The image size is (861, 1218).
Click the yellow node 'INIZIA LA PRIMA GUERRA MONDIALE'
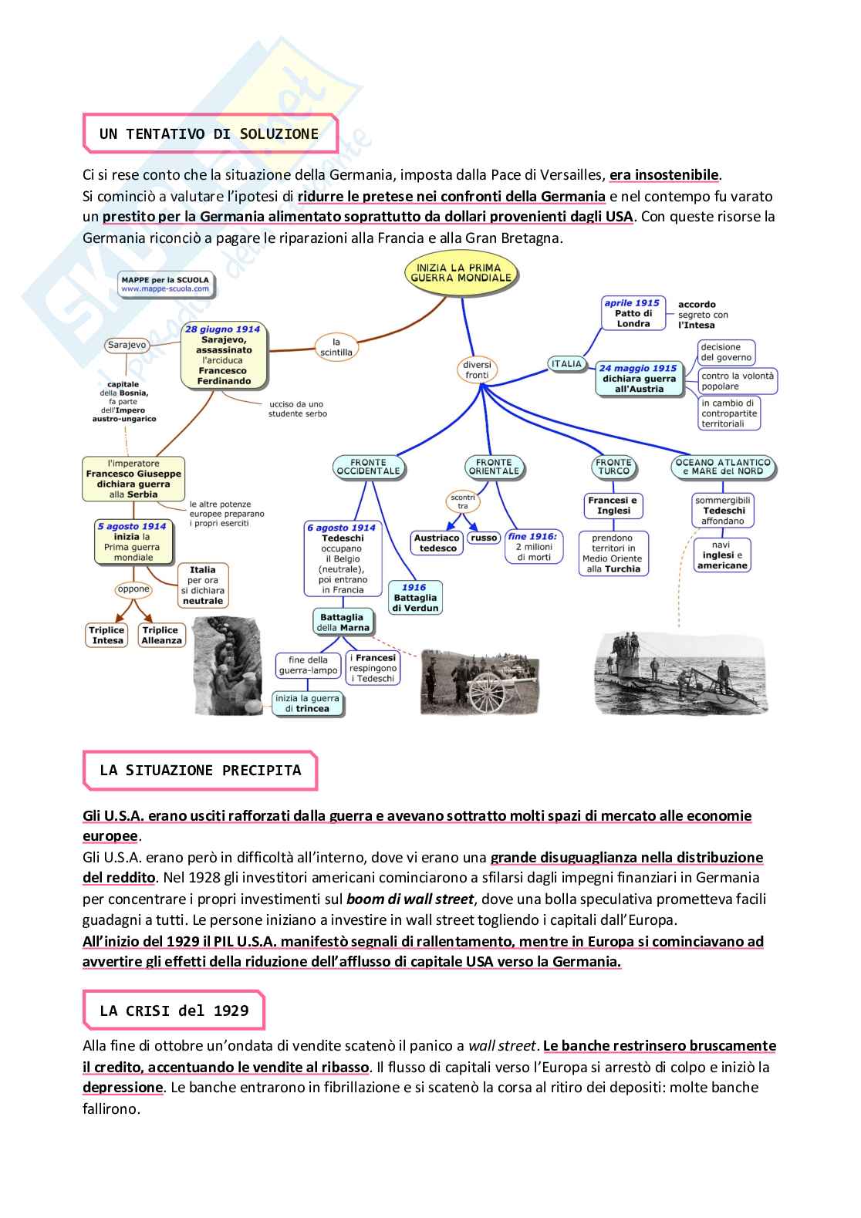461,274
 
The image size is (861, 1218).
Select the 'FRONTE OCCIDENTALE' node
369,467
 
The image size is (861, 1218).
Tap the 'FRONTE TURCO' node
613,467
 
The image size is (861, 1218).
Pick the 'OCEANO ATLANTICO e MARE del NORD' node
723,467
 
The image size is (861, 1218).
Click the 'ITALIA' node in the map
566,364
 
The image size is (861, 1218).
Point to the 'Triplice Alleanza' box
161,635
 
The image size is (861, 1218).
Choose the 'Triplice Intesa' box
107,635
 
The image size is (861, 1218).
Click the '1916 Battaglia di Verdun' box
414,598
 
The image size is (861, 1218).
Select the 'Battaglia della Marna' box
342,622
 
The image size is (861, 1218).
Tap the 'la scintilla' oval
336,347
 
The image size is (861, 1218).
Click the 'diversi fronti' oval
477,370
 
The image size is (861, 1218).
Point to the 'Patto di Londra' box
633,314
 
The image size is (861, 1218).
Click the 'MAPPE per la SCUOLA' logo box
165,285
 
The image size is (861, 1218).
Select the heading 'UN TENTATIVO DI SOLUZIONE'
208,134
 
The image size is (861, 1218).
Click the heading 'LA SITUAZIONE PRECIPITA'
200,771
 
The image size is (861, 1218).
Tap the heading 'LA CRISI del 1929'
174,1011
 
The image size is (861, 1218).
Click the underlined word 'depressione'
123,1088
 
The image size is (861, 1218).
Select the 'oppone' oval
133,589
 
